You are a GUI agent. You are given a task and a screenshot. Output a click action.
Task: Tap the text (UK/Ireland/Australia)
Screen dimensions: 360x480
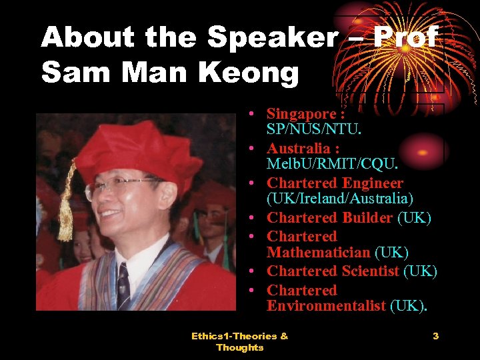(x=340, y=198)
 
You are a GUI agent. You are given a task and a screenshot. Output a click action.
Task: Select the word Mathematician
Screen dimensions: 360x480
(x=318, y=253)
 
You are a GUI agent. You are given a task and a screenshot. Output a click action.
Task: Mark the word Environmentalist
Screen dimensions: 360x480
(x=326, y=306)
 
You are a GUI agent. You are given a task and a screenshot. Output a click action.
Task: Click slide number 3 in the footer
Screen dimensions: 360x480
(x=435, y=336)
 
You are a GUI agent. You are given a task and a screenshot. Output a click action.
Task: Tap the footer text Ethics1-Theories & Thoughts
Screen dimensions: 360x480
(x=240, y=341)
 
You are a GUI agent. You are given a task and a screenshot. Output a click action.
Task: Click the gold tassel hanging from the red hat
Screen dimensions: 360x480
(x=66, y=213)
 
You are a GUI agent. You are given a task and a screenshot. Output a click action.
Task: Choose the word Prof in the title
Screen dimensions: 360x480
(x=405, y=38)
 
